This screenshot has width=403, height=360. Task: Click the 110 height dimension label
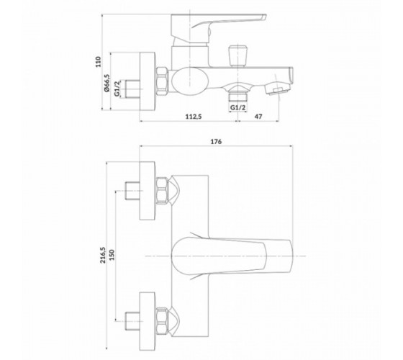point(99,62)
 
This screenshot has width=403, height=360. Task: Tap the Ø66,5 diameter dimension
point(107,83)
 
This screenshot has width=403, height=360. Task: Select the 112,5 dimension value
point(194,117)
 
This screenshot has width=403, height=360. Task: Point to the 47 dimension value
point(258,117)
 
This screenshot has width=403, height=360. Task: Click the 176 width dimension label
point(216,142)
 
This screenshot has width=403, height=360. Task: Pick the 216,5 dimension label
point(103,255)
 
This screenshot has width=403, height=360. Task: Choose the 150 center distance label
point(112,255)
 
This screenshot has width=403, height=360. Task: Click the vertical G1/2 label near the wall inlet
point(117,89)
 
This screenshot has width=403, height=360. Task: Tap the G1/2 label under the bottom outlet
point(237,107)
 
